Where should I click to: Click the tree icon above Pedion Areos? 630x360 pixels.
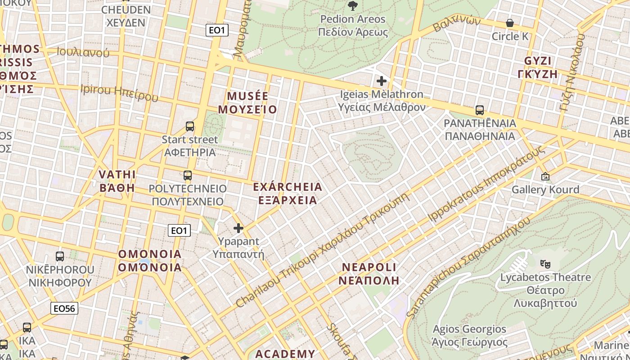(x=352, y=6)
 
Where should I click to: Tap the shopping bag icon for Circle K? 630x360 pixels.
(x=510, y=23)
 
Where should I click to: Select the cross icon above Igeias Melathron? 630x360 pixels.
(x=382, y=81)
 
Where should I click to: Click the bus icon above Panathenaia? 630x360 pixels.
(x=480, y=110)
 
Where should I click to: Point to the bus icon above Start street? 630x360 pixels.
(x=190, y=126)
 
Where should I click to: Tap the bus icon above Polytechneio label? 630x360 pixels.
(x=188, y=175)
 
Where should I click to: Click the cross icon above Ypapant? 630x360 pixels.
(x=238, y=229)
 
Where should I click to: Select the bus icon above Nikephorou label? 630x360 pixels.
(x=60, y=256)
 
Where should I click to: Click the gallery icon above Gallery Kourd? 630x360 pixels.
(x=545, y=176)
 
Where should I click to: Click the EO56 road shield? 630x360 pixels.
(x=65, y=308)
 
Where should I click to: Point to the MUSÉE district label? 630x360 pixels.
(x=247, y=103)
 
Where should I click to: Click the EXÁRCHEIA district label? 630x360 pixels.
(x=288, y=193)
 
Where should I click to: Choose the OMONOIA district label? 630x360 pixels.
(x=150, y=261)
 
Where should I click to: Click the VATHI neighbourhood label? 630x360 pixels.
(x=117, y=181)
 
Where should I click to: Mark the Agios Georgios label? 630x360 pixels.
(x=469, y=336)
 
